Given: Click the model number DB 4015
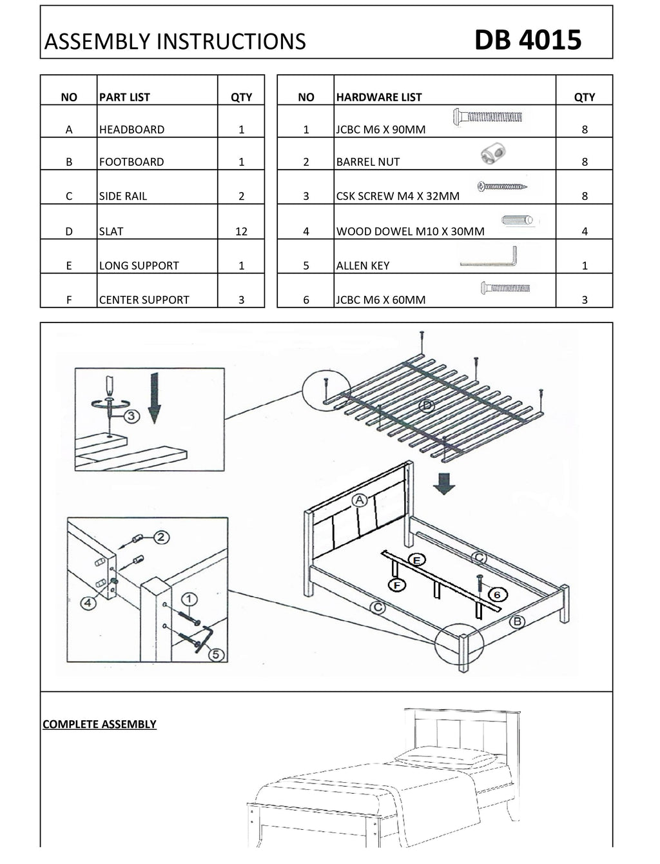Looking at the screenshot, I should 528,40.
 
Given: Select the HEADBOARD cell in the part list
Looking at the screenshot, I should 132,129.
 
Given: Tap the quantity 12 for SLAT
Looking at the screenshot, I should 241,231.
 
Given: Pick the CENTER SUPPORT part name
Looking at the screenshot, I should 144,299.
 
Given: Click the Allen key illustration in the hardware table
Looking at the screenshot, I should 489,258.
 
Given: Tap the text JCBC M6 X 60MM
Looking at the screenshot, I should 381,299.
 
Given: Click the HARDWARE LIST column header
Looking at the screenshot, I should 379,97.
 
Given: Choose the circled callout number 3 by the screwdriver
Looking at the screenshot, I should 131,416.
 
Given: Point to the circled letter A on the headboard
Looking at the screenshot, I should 359,500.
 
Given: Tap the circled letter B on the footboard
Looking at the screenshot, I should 517,622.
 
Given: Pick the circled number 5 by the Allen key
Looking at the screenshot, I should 217,654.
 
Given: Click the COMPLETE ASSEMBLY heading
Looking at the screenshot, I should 99,724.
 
